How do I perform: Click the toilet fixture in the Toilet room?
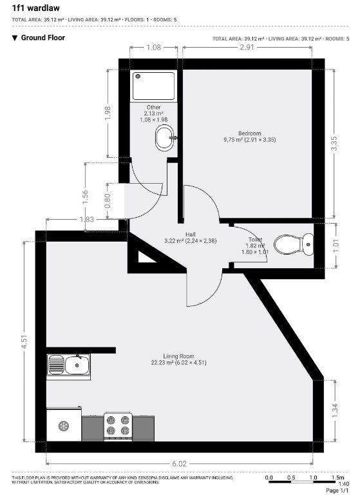[x=294, y=245]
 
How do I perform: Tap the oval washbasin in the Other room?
[x=165, y=138]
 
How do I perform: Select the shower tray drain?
[x=138, y=77]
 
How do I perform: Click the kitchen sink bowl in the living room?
[x=77, y=365]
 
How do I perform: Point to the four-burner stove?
[x=118, y=425]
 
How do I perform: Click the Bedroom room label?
[x=250, y=133]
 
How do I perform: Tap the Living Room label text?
[x=178, y=356]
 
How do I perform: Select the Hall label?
[x=190, y=234]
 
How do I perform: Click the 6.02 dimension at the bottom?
[x=179, y=464]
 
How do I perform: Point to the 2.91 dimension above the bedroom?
[x=247, y=47]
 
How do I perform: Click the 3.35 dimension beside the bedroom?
[x=334, y=143]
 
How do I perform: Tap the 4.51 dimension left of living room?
[x=24, y=342]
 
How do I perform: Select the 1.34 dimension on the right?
[x=335, y=411]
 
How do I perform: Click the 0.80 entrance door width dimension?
[x=108, y=201]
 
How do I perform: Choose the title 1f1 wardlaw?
[x=35, y=8]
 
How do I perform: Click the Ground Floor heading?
[x=43, y=37]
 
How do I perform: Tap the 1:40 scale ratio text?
[x=344, y=484]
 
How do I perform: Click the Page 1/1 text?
[x=337, y=490]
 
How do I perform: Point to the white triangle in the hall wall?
[x=145, y=257]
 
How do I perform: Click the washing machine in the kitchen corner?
[x=64, y=424]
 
